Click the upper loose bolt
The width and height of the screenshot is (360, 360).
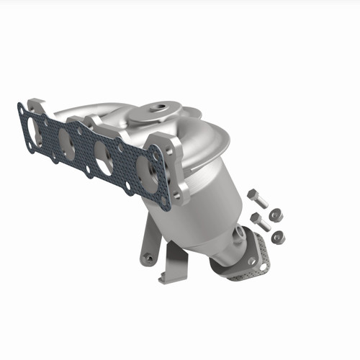256,199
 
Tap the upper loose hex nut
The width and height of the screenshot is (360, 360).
276,215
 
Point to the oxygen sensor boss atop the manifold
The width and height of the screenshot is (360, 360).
155,112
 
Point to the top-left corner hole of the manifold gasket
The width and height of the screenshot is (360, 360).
22,109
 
